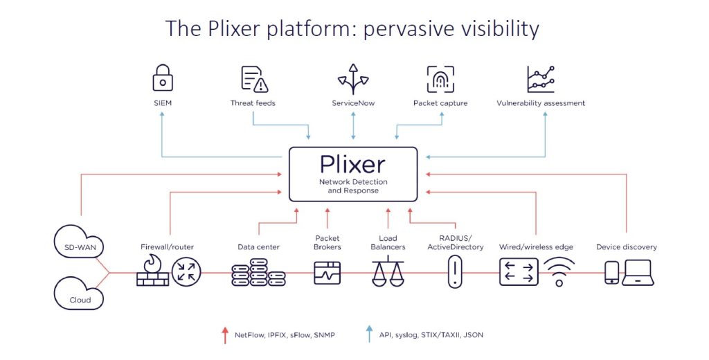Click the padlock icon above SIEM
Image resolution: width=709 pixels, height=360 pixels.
click(162, 78)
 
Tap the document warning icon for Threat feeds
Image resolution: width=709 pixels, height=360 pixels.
click(254, 79)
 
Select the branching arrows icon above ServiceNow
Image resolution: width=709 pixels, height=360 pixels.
click(352, 78)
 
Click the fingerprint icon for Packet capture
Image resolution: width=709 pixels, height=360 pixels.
click(440, 79)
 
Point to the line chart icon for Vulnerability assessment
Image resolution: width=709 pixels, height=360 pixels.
click(540, 79)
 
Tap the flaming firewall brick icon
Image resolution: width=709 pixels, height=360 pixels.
click(153, 271)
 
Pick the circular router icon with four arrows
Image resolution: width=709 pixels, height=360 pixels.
click(185, 271)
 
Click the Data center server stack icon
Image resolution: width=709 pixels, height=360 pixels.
click(258, 272)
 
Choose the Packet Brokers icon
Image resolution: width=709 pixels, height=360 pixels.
click(327, 272)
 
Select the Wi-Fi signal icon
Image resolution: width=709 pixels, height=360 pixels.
click(559, 272)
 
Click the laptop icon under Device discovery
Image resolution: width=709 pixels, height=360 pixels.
click(638, 272)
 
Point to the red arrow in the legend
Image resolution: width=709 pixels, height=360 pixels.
click(224, 335)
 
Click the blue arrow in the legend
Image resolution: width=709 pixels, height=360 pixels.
click(369, 335)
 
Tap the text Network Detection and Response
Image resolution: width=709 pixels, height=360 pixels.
click(353, 186)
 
